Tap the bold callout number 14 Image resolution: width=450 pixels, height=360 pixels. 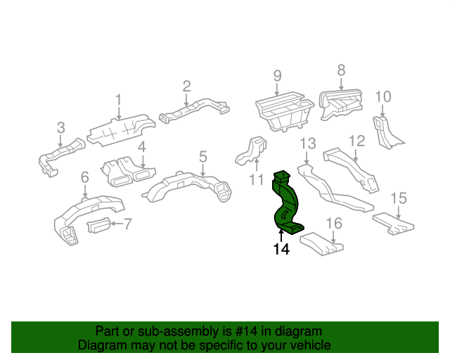click(281, 249)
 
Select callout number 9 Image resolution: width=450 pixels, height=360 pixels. click(277, 76)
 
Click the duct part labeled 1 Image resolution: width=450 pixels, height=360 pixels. click(122, 130)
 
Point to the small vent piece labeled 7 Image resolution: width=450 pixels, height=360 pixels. click(98, 226)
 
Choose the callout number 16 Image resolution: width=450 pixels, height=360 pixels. click(335, 224)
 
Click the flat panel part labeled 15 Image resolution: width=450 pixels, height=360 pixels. click(394, 224)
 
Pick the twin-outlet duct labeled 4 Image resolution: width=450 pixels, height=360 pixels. click(128, 172)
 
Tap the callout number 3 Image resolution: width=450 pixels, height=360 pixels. click(61, 127)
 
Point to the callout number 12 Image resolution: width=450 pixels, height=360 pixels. click(356, 141)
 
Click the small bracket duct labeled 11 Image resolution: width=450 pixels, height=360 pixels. click(250, 151)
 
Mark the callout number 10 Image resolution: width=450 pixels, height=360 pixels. click(383, 97)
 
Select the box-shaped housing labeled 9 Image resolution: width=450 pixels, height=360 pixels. click(285, 111)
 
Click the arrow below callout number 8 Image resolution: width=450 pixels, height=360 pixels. click(341, 84)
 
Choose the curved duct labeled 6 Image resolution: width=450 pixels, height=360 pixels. click(86, 215)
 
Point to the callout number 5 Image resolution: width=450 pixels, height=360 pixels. click(203, 157)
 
